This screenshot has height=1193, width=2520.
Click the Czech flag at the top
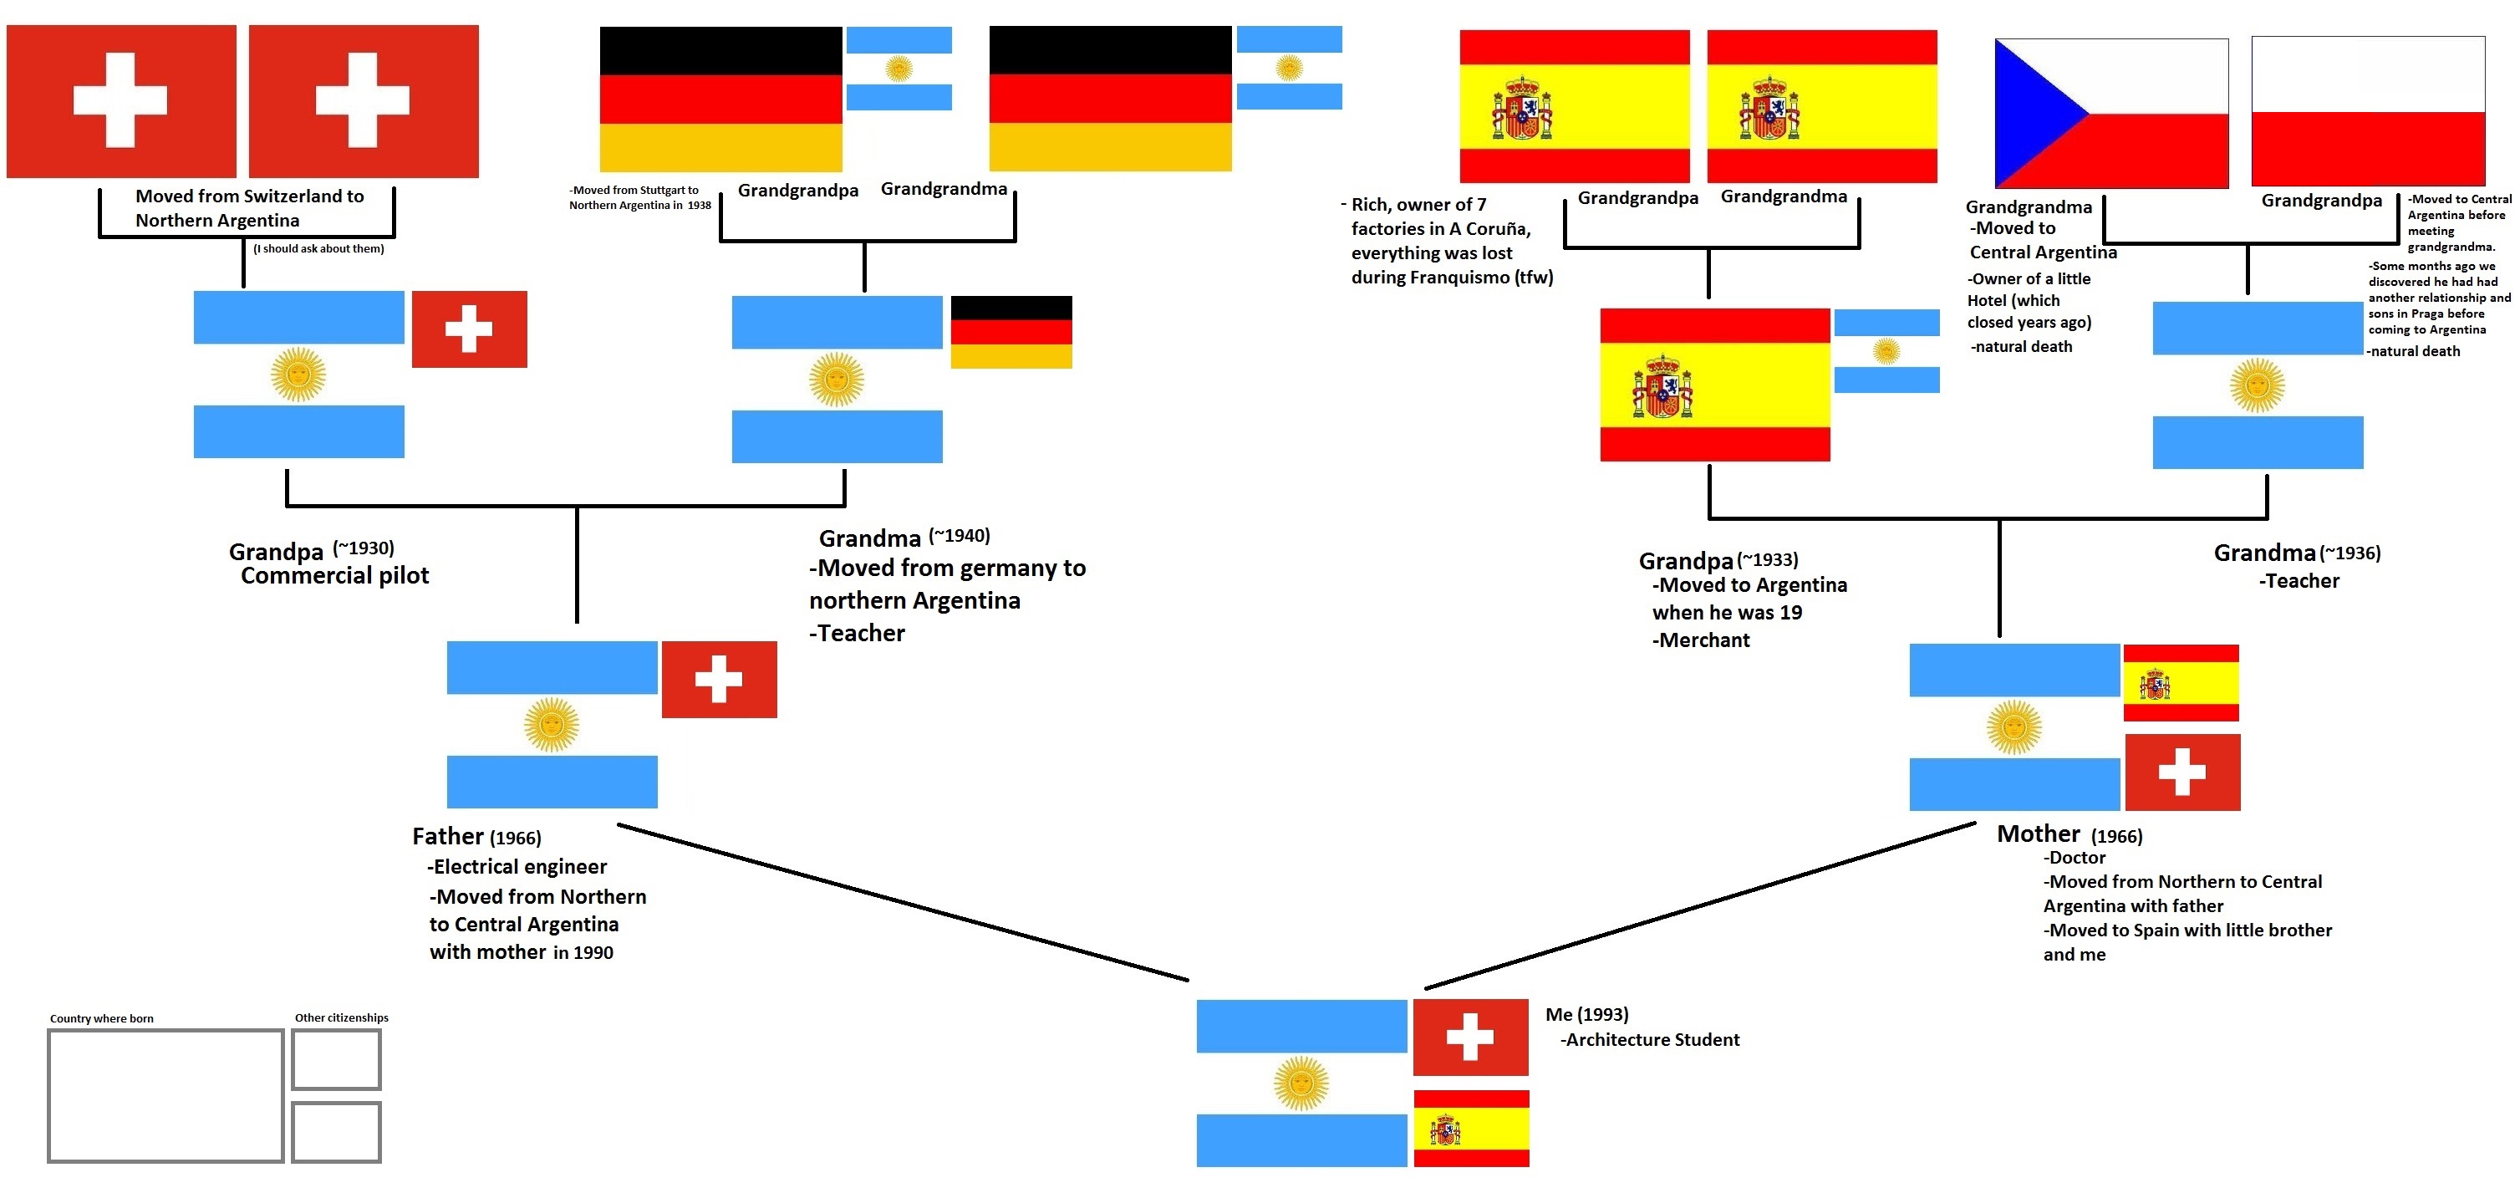pos(2111,114)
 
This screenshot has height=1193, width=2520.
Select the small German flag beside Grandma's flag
pos(1011,332)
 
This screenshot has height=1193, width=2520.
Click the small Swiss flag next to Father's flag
pos(719,679)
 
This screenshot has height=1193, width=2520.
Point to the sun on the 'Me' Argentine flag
pos(1301,1083)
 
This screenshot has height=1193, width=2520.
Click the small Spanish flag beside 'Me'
pos(1470,1129)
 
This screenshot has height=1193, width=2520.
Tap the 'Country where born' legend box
pos(165,1095)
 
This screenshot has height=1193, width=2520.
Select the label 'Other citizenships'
pos(341,1017)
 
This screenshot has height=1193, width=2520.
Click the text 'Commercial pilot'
pos(334,575)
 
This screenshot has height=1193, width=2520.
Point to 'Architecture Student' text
pos(1652,1039)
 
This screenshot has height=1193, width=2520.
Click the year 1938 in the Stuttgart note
pos(699,206)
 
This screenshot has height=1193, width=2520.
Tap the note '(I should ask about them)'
pos(318,248)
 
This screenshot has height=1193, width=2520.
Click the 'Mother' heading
pos(2038,834)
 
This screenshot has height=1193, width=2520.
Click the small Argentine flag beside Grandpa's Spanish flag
pos(1886,350)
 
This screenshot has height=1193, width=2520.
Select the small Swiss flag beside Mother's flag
pos(2181,772)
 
